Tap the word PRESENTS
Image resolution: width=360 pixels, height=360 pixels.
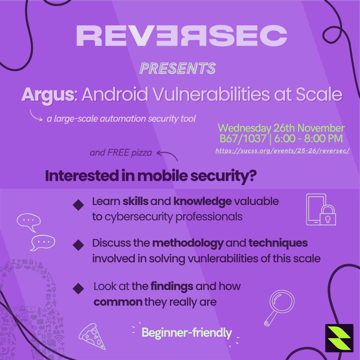[x=178, y=68]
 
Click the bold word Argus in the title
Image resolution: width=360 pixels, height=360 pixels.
[x=47, y=95]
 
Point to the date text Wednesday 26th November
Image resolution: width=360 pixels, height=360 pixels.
[x=281, y=128]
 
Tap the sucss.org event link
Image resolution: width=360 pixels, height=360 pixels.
[x=282, y=151]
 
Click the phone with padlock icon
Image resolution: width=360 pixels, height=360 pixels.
[x=321, y=210]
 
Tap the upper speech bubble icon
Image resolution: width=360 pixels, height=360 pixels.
[x=29, y=221]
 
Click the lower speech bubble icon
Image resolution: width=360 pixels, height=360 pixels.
[x=42, y=242]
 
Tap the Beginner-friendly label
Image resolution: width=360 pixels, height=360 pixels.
[x=187, y=333]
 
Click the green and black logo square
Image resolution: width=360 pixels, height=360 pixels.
[x=339, y=338]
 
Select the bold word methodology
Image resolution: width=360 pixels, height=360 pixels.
[x=188, y=243]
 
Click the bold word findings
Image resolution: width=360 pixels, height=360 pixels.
[x=172, y=286]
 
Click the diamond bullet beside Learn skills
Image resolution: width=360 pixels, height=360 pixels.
[x=79, y=204]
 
